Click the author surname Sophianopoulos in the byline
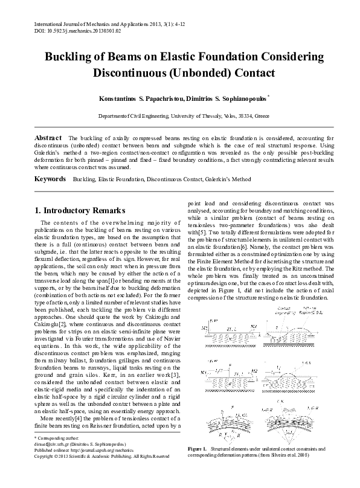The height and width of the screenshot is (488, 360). point(238,97)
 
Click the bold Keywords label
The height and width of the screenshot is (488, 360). point(51,179)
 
